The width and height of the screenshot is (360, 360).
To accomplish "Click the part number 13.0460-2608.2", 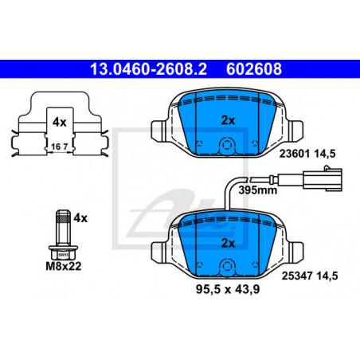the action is pyautogui.click(x=148, y=69).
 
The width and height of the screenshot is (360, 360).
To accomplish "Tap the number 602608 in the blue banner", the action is pyautogui.click(x=254, y=69).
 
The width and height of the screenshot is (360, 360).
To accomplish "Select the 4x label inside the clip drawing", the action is pyautogui.click(x=59, y=122).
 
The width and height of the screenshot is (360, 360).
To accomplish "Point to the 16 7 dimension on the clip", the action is pyautogui.click(x=60, y=147).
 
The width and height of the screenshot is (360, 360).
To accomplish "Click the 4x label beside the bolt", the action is pyautogui.click(x=80, y=218).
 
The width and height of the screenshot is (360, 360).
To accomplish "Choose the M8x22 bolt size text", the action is pyautogui.click(x=64, y=266).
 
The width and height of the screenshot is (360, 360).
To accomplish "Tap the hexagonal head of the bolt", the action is pyautogui.click(x=63, y=252).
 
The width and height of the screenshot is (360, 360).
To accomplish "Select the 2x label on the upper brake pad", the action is pyautogui.click(x=228, y=120).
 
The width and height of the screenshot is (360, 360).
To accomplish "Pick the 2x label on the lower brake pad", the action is pyautogui.click(x=228, y=243).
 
